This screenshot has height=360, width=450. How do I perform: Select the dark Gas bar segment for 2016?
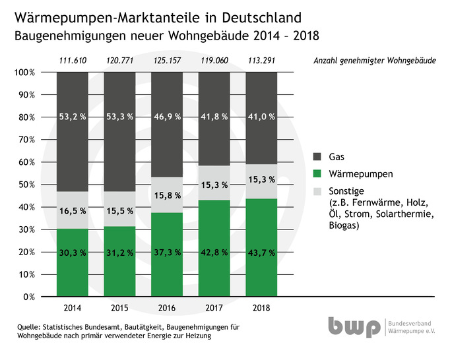tap(167, 105)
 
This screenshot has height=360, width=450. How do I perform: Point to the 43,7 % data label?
tap(261, 252)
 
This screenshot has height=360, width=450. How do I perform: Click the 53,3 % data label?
tap(120, 117)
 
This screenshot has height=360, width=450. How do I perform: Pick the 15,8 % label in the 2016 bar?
tap(167, 195)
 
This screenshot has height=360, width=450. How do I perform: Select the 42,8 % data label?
tap(214, 252)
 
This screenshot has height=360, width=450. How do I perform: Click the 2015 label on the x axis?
tap(119, 307)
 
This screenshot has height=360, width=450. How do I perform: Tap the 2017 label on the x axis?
tap(214, 307)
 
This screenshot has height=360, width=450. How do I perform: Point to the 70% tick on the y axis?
tap(25, 140)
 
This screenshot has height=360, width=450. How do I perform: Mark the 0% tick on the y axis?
tap(28, 297)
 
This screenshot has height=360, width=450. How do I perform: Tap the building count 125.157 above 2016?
tap(167, 61)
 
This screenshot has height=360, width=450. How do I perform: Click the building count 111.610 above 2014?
tap(72, 61)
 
